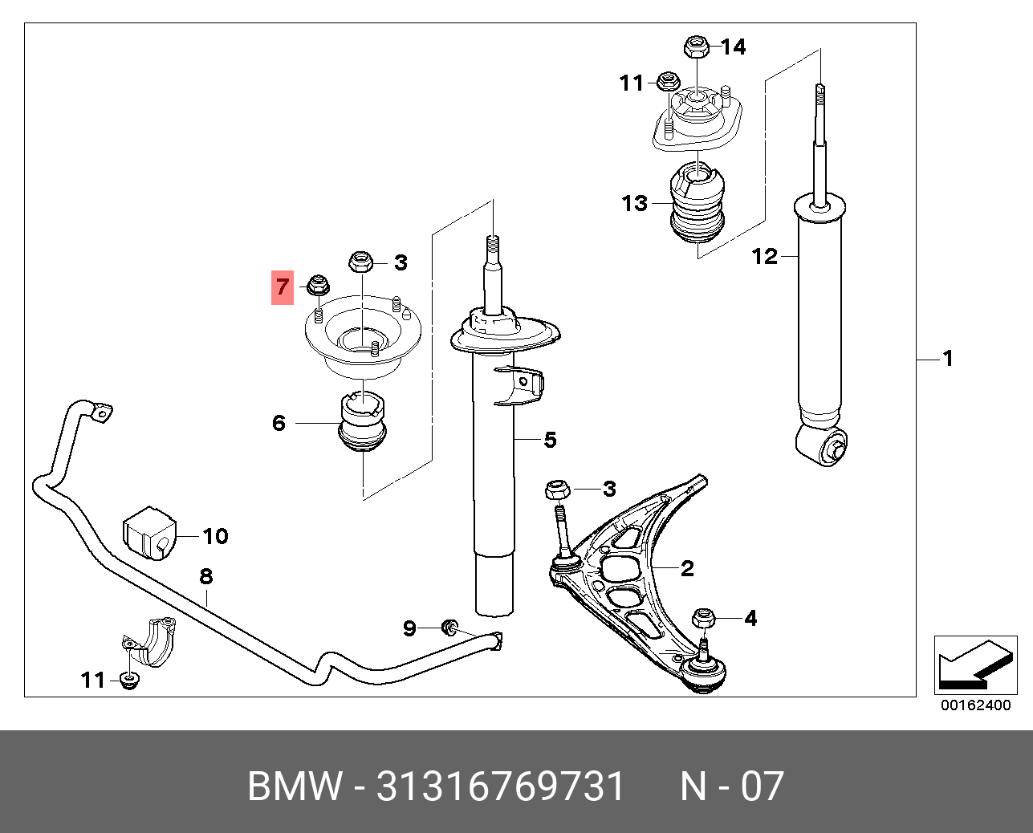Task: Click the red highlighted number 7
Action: pos(282,286)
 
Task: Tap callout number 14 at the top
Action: pos(732,47)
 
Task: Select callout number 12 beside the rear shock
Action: pos(765,257)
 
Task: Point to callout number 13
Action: pos(634,203)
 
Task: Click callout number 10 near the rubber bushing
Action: pos(215,536)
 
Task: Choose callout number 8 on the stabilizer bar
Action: pos(205,575)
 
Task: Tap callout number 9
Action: pos(409,628)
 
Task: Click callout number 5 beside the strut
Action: pos(550,440)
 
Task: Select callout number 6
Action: pos(279,423)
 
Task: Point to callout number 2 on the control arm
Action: pos(687,569)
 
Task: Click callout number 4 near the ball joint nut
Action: pos(750,618)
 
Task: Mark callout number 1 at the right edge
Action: pos(948,359)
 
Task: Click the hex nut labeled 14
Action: pos(695,47)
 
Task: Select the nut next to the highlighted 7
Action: pos(316,285)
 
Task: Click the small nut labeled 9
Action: pos(449,626)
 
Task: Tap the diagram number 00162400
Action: pos(975,706)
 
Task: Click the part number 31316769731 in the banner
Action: pos(500,786)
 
